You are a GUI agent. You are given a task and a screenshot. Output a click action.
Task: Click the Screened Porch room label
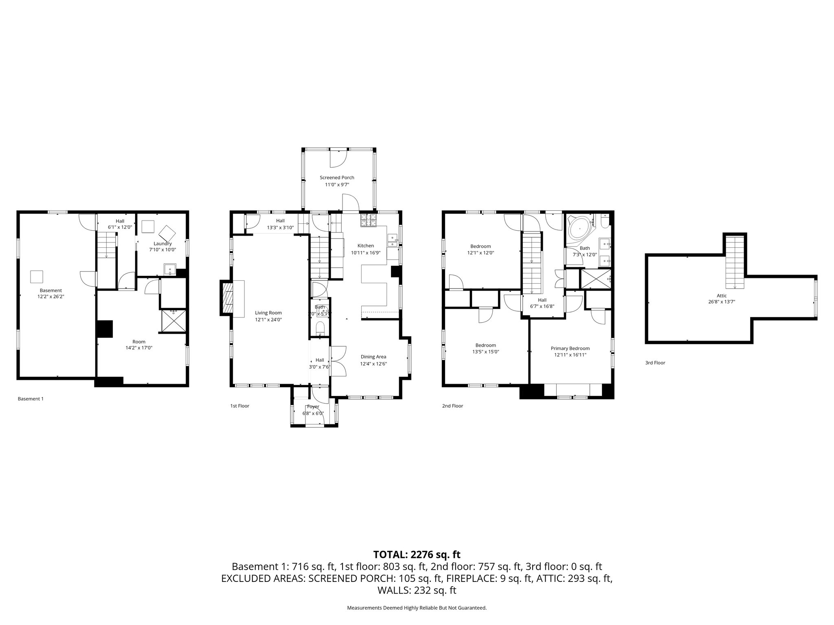pos(337,177)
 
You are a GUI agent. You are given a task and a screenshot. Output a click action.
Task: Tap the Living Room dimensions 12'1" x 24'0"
pos(268,320)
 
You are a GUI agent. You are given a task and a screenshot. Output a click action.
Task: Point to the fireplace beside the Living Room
pos(228,297)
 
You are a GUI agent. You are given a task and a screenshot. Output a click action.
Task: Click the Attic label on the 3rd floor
pos(722,296)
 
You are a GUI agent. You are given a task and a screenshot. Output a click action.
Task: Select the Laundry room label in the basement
pos(162,243)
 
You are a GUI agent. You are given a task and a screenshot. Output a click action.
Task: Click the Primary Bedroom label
pos(570,348)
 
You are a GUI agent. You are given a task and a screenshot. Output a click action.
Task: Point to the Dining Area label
pos(373,357)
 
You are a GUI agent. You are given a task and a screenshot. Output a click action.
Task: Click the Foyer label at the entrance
pos(313,406)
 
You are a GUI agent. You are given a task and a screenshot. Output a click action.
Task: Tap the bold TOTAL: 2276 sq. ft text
pos(417,554)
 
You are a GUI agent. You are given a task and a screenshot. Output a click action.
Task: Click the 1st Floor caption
pos(240,406)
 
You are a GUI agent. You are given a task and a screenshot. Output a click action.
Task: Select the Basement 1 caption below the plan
pos(31,399)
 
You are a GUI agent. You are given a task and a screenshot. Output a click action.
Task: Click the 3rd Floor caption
pos(655,363)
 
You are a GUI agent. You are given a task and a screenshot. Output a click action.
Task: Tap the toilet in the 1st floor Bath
pos(320,328)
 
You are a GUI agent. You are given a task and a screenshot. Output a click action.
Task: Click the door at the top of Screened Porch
pos(338,157)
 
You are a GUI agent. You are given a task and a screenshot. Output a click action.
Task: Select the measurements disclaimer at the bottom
pos(417,608)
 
